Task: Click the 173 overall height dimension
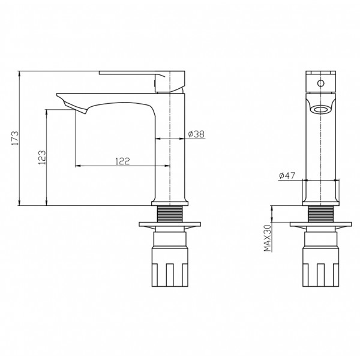pyautogui.click(x=15, y=138)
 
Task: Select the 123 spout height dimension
pyautogui.click(x=42, y=157)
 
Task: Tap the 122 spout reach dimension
pyautogui.click(x=122, y=161)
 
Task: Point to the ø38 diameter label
pyautogui.click(x=196, y=134)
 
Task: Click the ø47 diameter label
pyautogui.click(x=287, y=176)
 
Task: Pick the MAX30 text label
pyautogui.click(x=268, y=238)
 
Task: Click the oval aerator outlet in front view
pyautogui.click(x=321, y=109)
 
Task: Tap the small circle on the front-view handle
pyautogui.click(x=321, y=83)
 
